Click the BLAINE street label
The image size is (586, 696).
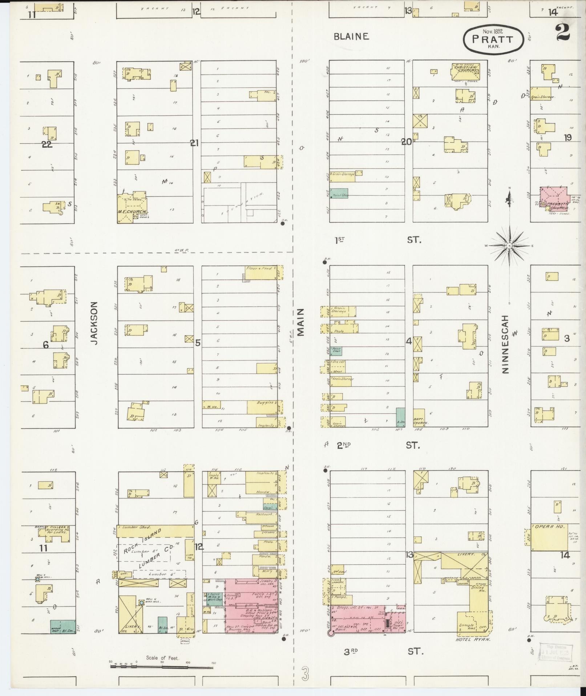[351, 36]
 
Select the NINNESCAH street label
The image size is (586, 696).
[505, 344]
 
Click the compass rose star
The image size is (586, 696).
[509, 246]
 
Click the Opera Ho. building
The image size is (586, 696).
[549, 537]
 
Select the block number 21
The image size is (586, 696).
[194, 143]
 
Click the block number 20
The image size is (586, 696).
[406, 142]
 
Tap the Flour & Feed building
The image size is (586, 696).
[262, 273]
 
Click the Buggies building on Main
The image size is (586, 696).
[262, 407]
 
